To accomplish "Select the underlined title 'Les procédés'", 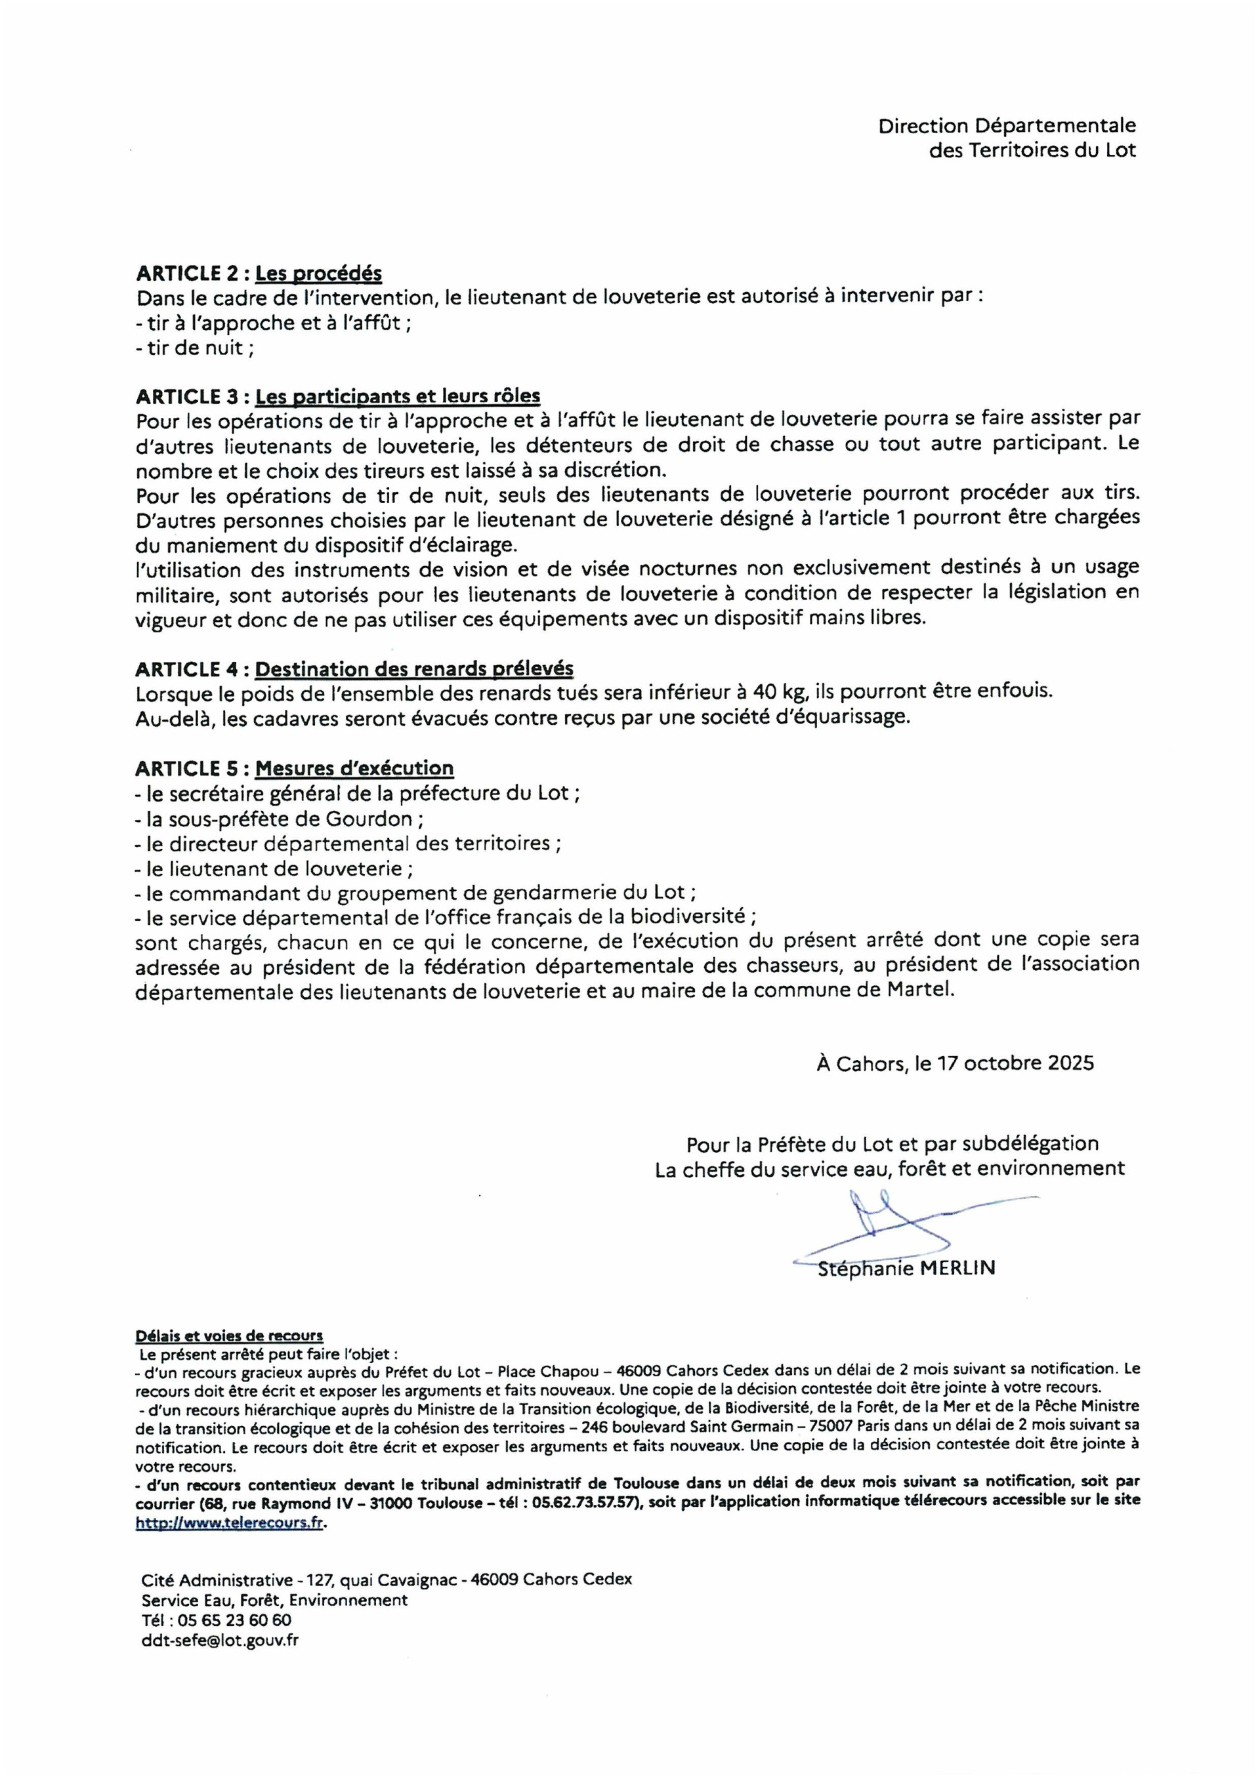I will pos(318,274).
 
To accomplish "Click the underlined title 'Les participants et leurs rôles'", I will pos(397,396).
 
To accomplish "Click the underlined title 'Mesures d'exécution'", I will pos(354,768).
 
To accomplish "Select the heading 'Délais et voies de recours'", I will pos(229,1336).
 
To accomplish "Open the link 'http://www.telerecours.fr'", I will pos(229,1522).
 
